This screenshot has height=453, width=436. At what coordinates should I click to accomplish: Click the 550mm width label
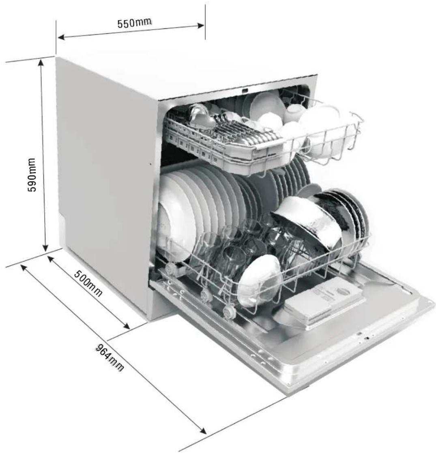pyautogui.click(x=134, y=22)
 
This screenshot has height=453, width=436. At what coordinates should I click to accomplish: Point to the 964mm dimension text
pyautogui.click(x=110, y=358)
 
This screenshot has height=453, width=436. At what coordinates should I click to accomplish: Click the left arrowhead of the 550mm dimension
pyautogui.click(x=62, y=37)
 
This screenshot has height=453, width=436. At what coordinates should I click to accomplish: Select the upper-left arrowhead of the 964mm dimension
pyautogui.click(x=24, y=267)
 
